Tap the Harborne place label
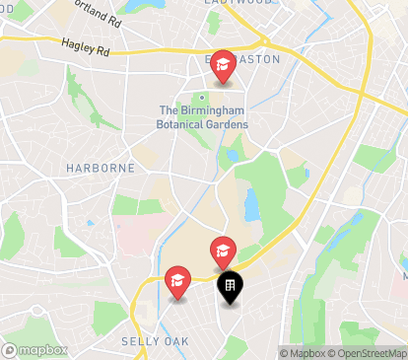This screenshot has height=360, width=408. click(101, 168)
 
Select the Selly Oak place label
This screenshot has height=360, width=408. click(147, 340)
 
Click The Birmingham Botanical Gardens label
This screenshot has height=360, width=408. click(203, 117)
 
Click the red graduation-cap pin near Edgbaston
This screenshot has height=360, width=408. click(223, 67)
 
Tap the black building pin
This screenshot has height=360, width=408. click(229, 288)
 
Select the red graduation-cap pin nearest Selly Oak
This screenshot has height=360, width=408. click(177, 283)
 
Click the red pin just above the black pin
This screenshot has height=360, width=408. click(222, 252)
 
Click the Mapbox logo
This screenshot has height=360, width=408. click(35, 349)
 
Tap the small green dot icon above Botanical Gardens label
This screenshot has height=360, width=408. click(202, 97)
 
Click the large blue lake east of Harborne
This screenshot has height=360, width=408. click(250, 204)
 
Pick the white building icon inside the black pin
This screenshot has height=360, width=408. click(229, 286)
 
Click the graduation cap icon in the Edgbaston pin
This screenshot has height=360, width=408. click(223, 64)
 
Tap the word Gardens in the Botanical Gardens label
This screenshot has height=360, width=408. click(225, 124)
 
